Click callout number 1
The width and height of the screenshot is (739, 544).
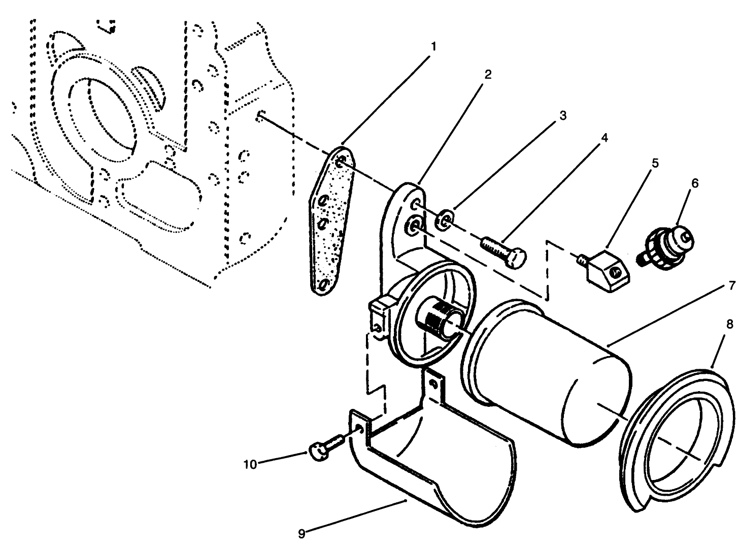coord(433,46)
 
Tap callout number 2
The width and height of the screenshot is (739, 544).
coord(487,75)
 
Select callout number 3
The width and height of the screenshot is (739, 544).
coord(562,115)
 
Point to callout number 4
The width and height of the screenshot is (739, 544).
coord(603,138)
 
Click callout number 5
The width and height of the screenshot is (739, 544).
coord(655,163)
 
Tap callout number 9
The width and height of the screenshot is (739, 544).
coord(301,533)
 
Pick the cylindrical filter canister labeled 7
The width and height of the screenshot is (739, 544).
coord(548,371)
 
